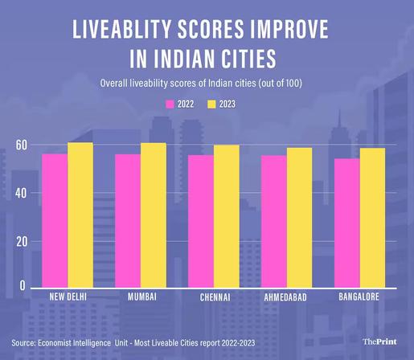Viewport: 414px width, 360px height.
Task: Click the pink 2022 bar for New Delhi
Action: coord(55,220)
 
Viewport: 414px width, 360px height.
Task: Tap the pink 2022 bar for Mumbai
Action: coord(128,220)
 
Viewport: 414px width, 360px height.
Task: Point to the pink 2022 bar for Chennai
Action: coord(201,221)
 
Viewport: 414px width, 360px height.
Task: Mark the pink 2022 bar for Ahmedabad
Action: coord(274,221)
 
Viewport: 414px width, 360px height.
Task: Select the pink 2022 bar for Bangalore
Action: coord(347,223)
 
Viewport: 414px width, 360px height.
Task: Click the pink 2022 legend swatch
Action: coord(170,104)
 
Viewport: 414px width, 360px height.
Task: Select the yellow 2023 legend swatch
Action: coord(214,104)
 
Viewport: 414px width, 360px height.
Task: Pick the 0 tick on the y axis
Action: coord(23,285)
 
